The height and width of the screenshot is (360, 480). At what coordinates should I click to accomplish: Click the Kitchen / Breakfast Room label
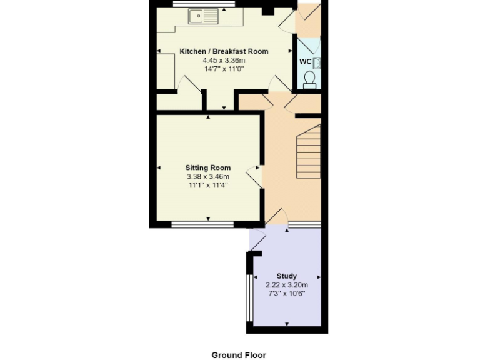224,51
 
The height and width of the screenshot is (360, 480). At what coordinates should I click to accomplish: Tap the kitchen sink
203,16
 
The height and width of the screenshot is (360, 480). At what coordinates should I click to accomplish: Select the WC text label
305,61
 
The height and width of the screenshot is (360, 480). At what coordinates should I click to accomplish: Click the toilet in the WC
309,79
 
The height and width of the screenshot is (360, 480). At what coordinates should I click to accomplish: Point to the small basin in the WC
317,61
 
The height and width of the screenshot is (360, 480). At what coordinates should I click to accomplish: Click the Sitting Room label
207,167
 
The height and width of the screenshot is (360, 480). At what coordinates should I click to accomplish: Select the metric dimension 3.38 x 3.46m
207,176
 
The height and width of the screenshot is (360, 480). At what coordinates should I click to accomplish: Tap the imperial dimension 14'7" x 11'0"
224,69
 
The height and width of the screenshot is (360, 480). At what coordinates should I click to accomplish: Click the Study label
287,276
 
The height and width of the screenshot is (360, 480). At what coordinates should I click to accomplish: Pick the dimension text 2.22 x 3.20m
287,284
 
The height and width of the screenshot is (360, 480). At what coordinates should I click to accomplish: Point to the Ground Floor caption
239,355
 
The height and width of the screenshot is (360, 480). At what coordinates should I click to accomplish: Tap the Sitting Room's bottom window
202,224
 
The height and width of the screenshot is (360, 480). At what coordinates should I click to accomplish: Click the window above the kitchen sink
204,3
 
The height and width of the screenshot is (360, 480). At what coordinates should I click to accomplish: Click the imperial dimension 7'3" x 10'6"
287,293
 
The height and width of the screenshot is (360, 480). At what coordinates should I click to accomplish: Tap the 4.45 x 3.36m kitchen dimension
224,60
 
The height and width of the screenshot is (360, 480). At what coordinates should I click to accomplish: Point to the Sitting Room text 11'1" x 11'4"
207,185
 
